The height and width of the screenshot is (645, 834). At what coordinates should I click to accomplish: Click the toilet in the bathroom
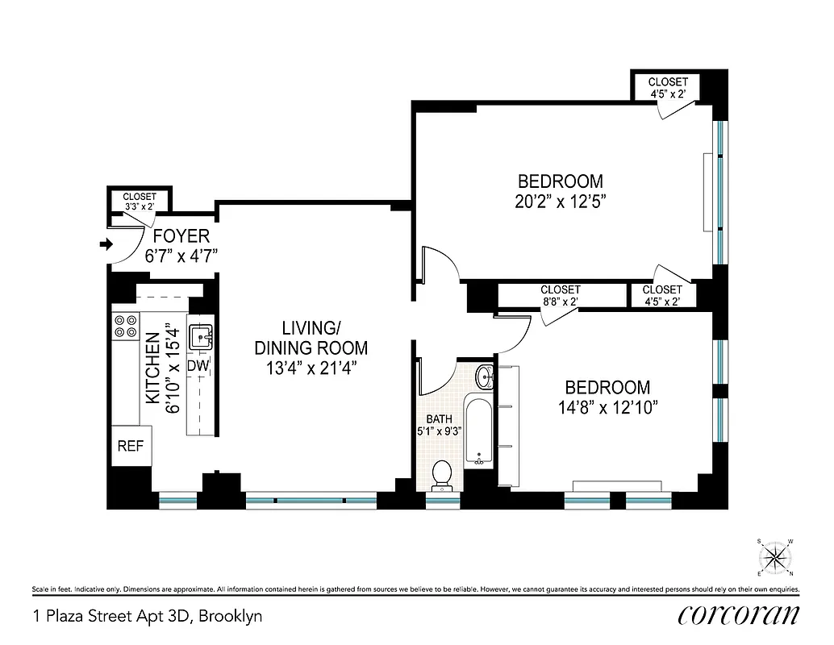point(441,475)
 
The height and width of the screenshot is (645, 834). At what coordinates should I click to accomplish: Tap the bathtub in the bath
point(479,431)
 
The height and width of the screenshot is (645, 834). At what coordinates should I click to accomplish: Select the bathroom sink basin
point(484,377)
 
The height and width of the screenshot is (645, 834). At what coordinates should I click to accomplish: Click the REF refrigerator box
point(131,446)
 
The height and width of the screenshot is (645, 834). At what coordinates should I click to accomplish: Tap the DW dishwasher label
point(198,366)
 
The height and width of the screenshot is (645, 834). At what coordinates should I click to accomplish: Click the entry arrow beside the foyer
point(105,243)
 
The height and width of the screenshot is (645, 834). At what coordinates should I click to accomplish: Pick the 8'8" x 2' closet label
point(560,296)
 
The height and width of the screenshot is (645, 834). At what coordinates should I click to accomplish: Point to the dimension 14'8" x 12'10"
point(607,408)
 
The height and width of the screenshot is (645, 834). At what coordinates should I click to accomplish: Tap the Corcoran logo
point(739,615)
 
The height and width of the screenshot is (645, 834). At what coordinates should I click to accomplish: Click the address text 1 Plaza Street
point(148,617)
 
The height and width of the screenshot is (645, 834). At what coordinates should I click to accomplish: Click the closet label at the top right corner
point(668,87)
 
